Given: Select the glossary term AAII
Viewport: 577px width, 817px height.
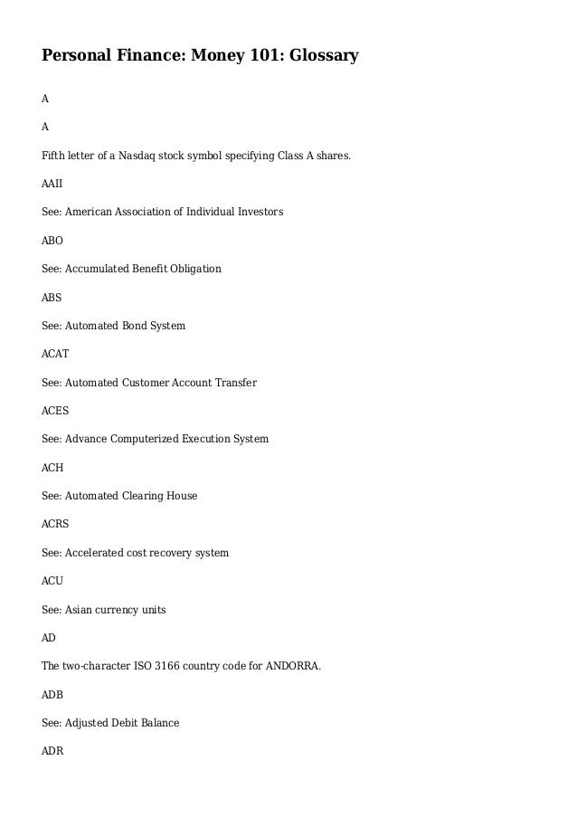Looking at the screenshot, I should [52, 184].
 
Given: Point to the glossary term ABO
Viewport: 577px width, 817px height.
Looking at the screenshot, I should [52, 241].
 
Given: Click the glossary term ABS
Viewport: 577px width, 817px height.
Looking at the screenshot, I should [52, 297].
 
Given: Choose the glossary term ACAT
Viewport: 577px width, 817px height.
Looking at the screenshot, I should [55, 354].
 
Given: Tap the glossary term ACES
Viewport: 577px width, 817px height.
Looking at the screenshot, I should [55, 411].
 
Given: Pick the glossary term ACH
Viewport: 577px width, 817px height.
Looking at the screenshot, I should [52, 468].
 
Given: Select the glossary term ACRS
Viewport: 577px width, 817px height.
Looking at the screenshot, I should [55, 525].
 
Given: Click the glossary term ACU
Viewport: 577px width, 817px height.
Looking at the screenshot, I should [52, 582].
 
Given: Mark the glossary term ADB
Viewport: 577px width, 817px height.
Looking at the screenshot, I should [52, 695].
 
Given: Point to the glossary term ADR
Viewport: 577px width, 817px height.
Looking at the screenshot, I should [52, 752].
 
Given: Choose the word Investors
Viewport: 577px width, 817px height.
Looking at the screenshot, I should [259, 212].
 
